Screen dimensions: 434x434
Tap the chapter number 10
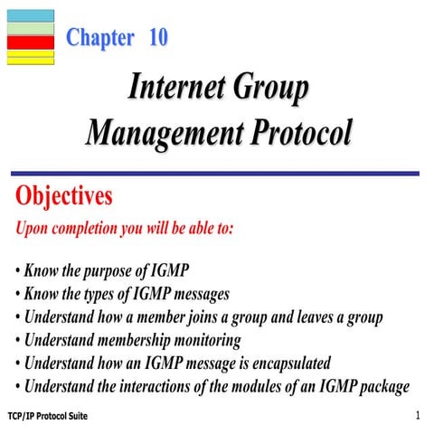coord(158,38)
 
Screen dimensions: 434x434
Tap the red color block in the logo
coord(30,42)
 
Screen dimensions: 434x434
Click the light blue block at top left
coord(30,15)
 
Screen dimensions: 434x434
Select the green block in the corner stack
coord(30,30)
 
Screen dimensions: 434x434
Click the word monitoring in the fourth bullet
coord(204,341)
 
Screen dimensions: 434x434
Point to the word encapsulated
coord(282,363)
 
